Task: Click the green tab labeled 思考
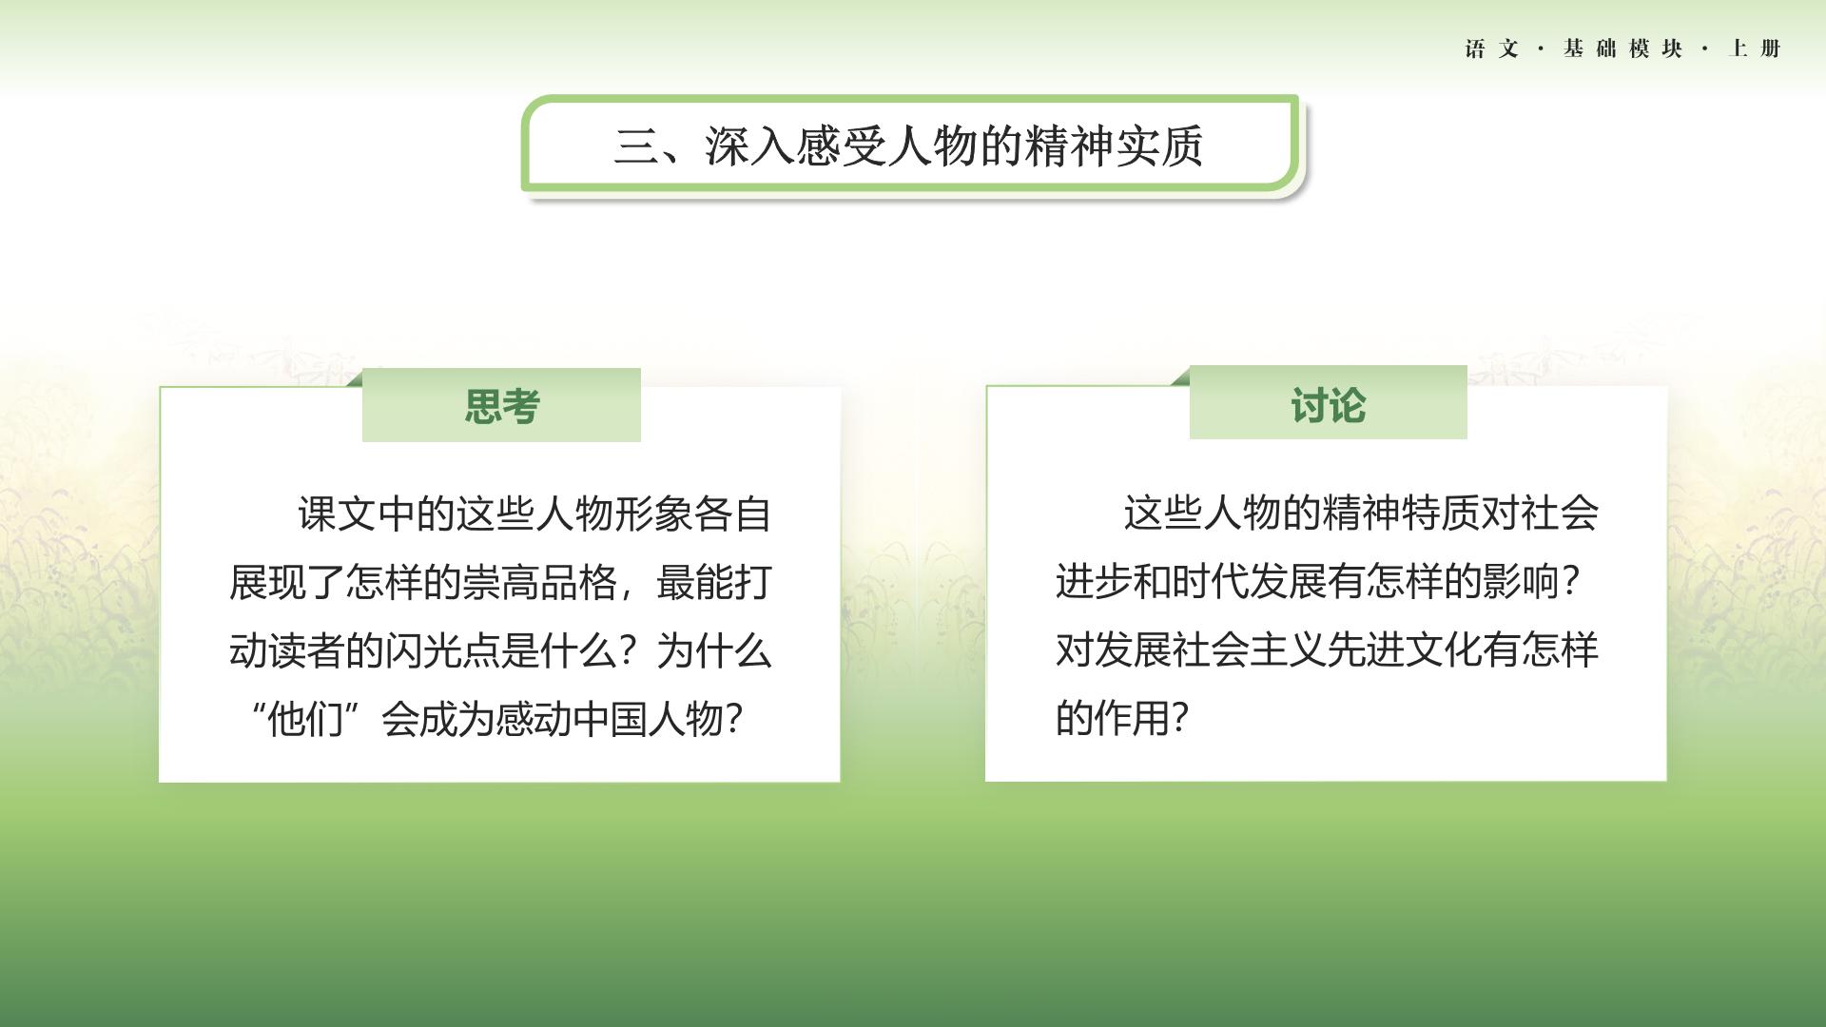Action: click(x=501, y=405)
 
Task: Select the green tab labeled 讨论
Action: click(x=1329, y=403)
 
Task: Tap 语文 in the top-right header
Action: click(x=1492, y=48)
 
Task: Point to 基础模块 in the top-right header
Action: click(x=1622, y=48)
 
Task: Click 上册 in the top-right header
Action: click(x=1755, y=48)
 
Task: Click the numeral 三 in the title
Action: click(x=635, y=146)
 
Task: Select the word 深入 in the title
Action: click(x=748, y=146)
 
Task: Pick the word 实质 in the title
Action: click(x=1159, y=146)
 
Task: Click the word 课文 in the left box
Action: click(x=337, y=513)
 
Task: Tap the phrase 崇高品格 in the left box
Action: click(x=539, y=582)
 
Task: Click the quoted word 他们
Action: click(x=304, y=720)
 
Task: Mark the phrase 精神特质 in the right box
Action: click(x=1361, y=513)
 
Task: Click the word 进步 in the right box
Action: click(x=1094, y=581)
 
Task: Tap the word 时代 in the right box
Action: click(x=1210, y=581)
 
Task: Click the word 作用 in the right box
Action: click(x=1132, y=718)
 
